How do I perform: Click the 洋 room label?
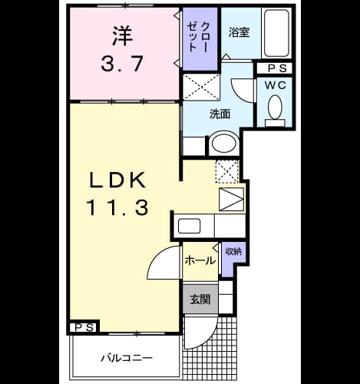tap(122, 36)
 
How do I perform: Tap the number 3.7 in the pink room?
tap(122, 64)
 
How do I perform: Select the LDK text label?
tap(118, 180)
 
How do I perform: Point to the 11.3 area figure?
tap(118, 207)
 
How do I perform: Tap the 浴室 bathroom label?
tap(239, 32)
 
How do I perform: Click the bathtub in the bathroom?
tap(276, 33)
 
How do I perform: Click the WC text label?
tap(276, 85)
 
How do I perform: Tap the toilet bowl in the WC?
tap(275, 107)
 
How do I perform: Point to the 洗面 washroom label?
tap(220, 114)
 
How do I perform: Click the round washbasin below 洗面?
tap(224, 144)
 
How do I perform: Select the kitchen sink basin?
tap(189, 226)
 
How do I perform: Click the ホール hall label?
tap(200, 261)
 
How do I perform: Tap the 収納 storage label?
tap(233, 252)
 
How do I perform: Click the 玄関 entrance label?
tap(200, 300)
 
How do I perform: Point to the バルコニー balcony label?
tap(127, 358)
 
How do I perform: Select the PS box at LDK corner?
tap(84, 327)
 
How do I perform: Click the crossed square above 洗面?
tap(202, 87)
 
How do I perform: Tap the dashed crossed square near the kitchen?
tap(227, 171)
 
